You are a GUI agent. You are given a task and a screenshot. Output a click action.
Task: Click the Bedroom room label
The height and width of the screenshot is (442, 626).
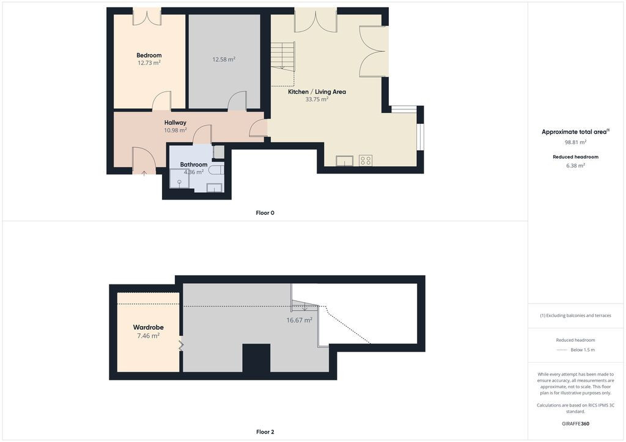tap(149, 56)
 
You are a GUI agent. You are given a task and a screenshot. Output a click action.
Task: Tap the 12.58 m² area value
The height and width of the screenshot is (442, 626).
tap(224, 59)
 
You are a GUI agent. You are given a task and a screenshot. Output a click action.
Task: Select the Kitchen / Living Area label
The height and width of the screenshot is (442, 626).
tap(317, 92)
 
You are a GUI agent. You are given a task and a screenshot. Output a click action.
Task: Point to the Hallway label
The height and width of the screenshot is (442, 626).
tap(175, 123)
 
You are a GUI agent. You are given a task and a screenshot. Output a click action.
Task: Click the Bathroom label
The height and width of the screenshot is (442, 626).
tap(194, 164)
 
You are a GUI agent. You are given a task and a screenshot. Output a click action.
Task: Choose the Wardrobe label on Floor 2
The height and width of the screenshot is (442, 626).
tap(148, 327)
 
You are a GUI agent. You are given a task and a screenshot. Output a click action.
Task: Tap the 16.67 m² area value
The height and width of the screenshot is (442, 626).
tap(300, 320)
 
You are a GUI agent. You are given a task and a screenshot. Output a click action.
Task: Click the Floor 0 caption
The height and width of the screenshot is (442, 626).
tap(265, 213)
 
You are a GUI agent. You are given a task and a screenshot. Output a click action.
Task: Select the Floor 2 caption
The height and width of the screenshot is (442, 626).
tap(265, 432)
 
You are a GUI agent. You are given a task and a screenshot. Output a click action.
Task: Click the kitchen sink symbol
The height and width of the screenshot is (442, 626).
tap(344, 161)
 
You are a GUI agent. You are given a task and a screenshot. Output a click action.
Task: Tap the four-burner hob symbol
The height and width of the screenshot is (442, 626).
tap(366, 161)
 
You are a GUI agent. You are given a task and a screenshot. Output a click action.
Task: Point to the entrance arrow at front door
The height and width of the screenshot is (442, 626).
tap(144, 173)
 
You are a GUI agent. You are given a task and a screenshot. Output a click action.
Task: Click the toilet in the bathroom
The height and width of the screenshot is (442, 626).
tap(217, 170)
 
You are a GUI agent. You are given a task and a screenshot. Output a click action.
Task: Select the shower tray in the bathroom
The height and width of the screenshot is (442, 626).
tap(179, 178)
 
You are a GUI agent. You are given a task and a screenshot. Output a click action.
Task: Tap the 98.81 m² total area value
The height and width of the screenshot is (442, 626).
tap(575, 142)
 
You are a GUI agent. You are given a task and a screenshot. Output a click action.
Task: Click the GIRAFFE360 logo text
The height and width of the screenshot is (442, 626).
tap(575, 424)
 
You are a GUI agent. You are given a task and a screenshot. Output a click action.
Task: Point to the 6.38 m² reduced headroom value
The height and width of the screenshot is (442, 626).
tap(575, 165)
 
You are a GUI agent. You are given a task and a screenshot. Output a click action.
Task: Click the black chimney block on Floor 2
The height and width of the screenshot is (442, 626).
tap(256, 358)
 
